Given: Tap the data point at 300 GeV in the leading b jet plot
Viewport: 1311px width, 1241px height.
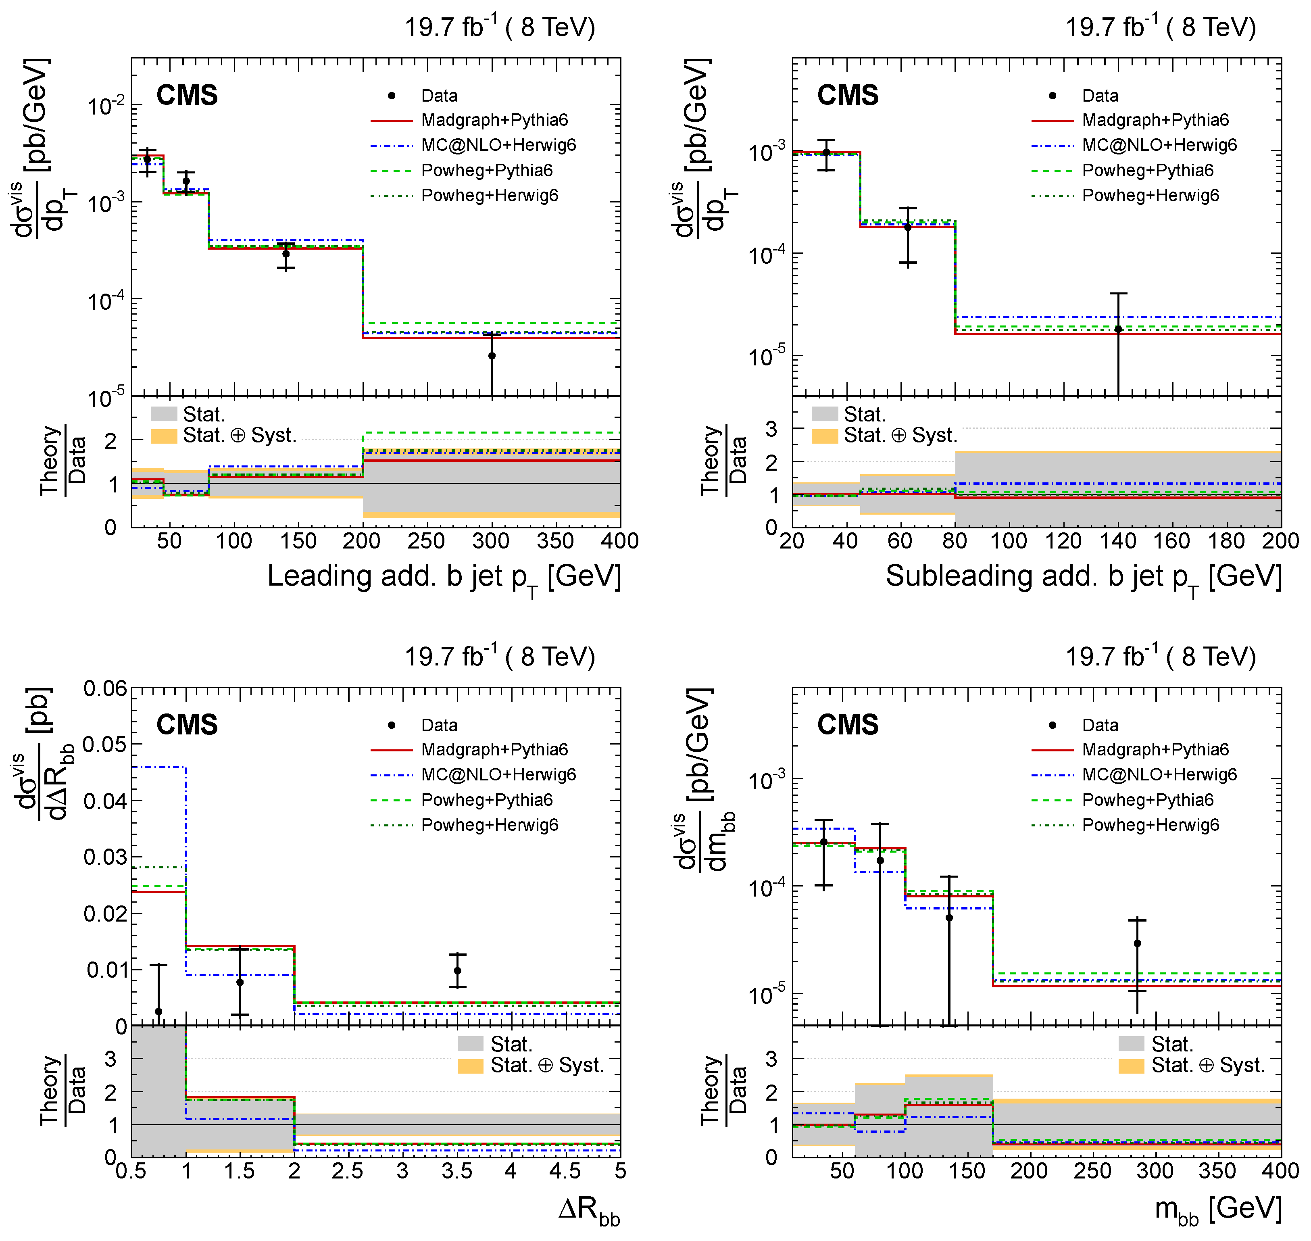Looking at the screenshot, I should pyautogui.click(x=492, y=356).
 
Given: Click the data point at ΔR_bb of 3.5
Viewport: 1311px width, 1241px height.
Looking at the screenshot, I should pyautogui.click(x=457, y=970).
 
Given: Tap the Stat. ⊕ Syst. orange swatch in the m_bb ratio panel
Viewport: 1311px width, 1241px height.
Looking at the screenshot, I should pyautogui.click(x=1131, y=1066).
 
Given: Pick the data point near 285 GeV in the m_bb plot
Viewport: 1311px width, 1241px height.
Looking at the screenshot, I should pyautogui.click(x=1137, y=943).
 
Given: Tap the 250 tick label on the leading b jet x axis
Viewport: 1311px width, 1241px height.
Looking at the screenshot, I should pyautogui.click(x=426, y=541).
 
